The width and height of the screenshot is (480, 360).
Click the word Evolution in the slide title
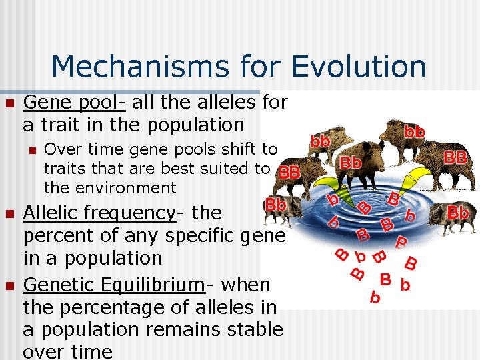click(x=359, y=66)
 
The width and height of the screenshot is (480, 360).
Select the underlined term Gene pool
click(x=73, y=103)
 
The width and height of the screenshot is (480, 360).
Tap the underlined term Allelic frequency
click(x=99, y=213)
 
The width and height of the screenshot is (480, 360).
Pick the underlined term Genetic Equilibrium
click(x=113, y=285)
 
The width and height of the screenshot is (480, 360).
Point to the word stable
click(x=253, y=329)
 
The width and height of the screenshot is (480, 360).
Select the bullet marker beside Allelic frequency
click(x=9, y=214)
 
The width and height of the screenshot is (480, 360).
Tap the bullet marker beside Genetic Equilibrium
click(x=9, y=286)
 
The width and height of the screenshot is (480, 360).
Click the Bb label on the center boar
click(x=351, y=162)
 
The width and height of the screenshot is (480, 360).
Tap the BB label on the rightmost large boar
click(x=455, y=157)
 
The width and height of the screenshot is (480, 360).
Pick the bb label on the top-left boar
click(x=321, y=141)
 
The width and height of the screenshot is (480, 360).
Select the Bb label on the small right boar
click(x=458, y=213)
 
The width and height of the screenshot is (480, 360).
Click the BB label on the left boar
click(x=289, y=171)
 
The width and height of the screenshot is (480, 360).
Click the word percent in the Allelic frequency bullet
click(x=60, y=235)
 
